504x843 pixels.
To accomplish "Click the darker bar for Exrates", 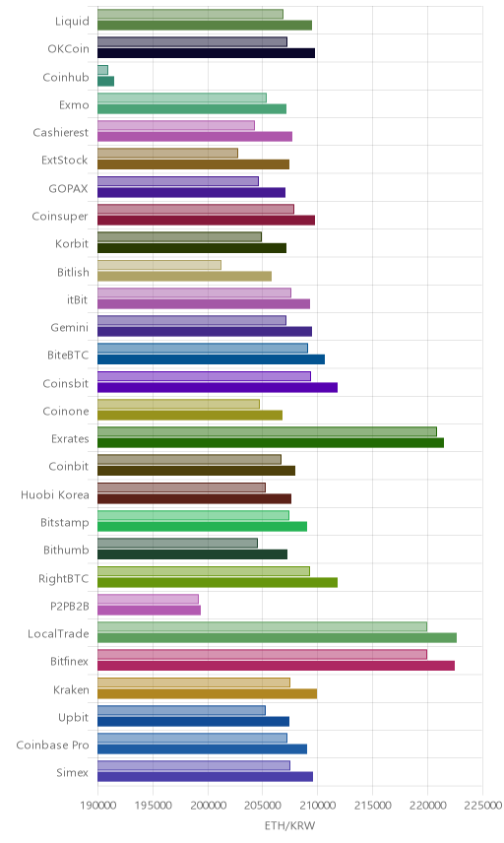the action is coord(271,443).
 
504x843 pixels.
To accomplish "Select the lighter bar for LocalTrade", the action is coord(262,627).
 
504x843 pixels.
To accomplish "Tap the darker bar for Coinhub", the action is coord(106,81).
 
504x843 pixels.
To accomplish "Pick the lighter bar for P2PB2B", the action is coord(149,599).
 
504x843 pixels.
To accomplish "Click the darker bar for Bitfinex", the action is coord(277,666).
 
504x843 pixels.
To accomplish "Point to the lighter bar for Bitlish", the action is coord(159,265).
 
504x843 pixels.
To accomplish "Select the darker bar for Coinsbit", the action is coord(218,387).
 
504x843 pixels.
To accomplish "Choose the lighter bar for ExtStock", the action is coord(167,154).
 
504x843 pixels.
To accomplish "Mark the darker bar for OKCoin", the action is coord(207,53).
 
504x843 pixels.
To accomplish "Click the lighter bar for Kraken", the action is coord(194,682).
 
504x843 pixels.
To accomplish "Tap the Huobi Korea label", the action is coord(55,494).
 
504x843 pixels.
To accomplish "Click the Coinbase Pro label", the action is coord(52,746).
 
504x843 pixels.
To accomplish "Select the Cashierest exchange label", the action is coord(61,132).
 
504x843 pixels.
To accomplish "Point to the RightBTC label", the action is coord(63,578).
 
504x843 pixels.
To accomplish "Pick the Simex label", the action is coord(73,772).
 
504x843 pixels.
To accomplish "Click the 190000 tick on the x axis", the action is coord(97,806).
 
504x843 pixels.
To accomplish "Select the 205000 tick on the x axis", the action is coord(262,806).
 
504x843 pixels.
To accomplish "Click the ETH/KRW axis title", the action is coord(289,825).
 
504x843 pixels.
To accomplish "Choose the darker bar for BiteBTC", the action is coord(212,359).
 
